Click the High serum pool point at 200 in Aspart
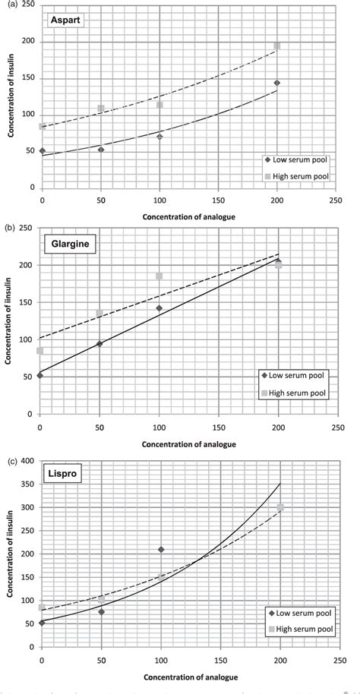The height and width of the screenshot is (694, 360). (x=277, y=46)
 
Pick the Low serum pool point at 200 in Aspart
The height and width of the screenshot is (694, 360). (x=277, y=83)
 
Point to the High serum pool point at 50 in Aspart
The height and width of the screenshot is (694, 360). (x=101, y=109)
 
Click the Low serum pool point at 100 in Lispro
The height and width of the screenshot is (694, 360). (x=161, y=549)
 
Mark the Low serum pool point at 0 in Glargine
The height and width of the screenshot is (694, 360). (x=40, y=375)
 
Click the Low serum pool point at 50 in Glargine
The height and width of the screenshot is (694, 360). (x=100, y=344)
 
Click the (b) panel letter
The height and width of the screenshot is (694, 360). (x=8, y=226)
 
